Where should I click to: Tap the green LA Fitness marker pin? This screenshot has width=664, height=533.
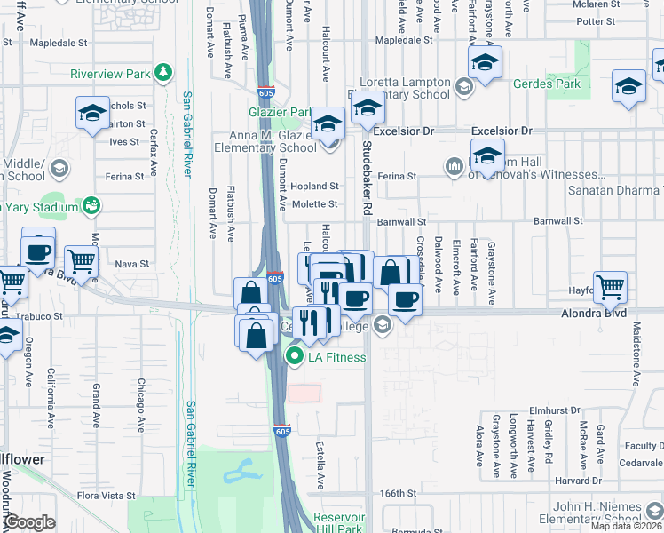294,357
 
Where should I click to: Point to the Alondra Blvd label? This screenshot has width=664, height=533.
594,314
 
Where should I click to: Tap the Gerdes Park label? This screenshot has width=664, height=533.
547,84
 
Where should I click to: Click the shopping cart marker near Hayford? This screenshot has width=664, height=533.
610,287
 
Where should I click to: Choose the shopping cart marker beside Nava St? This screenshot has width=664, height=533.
81,262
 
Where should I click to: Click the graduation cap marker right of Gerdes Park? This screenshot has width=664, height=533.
628,87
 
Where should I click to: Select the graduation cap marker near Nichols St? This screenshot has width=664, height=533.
92,113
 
